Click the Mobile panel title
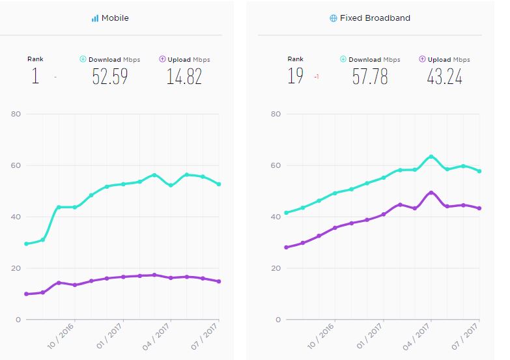click(x=115, y=18)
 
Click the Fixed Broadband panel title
click(x=375, y=18)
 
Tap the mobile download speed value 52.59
click(x=109, y=77)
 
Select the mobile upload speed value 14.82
click(x=184, y=77)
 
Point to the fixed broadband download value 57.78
click(x=370, y=77)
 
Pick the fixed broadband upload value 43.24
click(x=444, y=77)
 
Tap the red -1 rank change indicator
click(x=316, y=77)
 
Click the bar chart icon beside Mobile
click(x=95, y=18)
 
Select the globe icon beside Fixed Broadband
click(x=333, y=18)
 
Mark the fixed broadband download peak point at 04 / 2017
click(x=431, y=156)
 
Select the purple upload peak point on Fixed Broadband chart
click(x=431, y=193)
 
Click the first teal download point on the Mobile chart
click(x=26, y=243)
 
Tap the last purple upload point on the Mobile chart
click(x=219, y=281)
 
